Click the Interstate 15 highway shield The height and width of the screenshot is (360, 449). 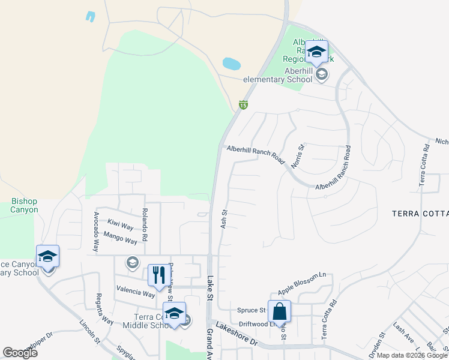(x=243, y=105)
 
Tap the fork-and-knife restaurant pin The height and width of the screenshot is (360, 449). (x=158, y=276)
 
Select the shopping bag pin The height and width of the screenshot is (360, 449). (x=279, y=311)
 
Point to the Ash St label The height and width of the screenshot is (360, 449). (x=224, y=218)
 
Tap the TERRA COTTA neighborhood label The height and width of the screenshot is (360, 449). (x=420, y=214)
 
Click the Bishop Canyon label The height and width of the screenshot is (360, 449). (x=25, y=206)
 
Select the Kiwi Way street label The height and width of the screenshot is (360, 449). (x=120, y=226)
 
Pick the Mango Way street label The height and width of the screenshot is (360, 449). (x=120, y=238)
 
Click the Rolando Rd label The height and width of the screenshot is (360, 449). (x=145, y=223)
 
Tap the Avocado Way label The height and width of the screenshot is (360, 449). (x=96, y=232)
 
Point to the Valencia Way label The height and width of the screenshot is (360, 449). (x=136, y=292)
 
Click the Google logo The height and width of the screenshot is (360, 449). (x=20, y=352)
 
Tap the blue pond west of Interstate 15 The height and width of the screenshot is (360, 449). (x=232, y=63)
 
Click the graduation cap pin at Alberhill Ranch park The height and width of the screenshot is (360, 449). (x=316, y=52)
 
